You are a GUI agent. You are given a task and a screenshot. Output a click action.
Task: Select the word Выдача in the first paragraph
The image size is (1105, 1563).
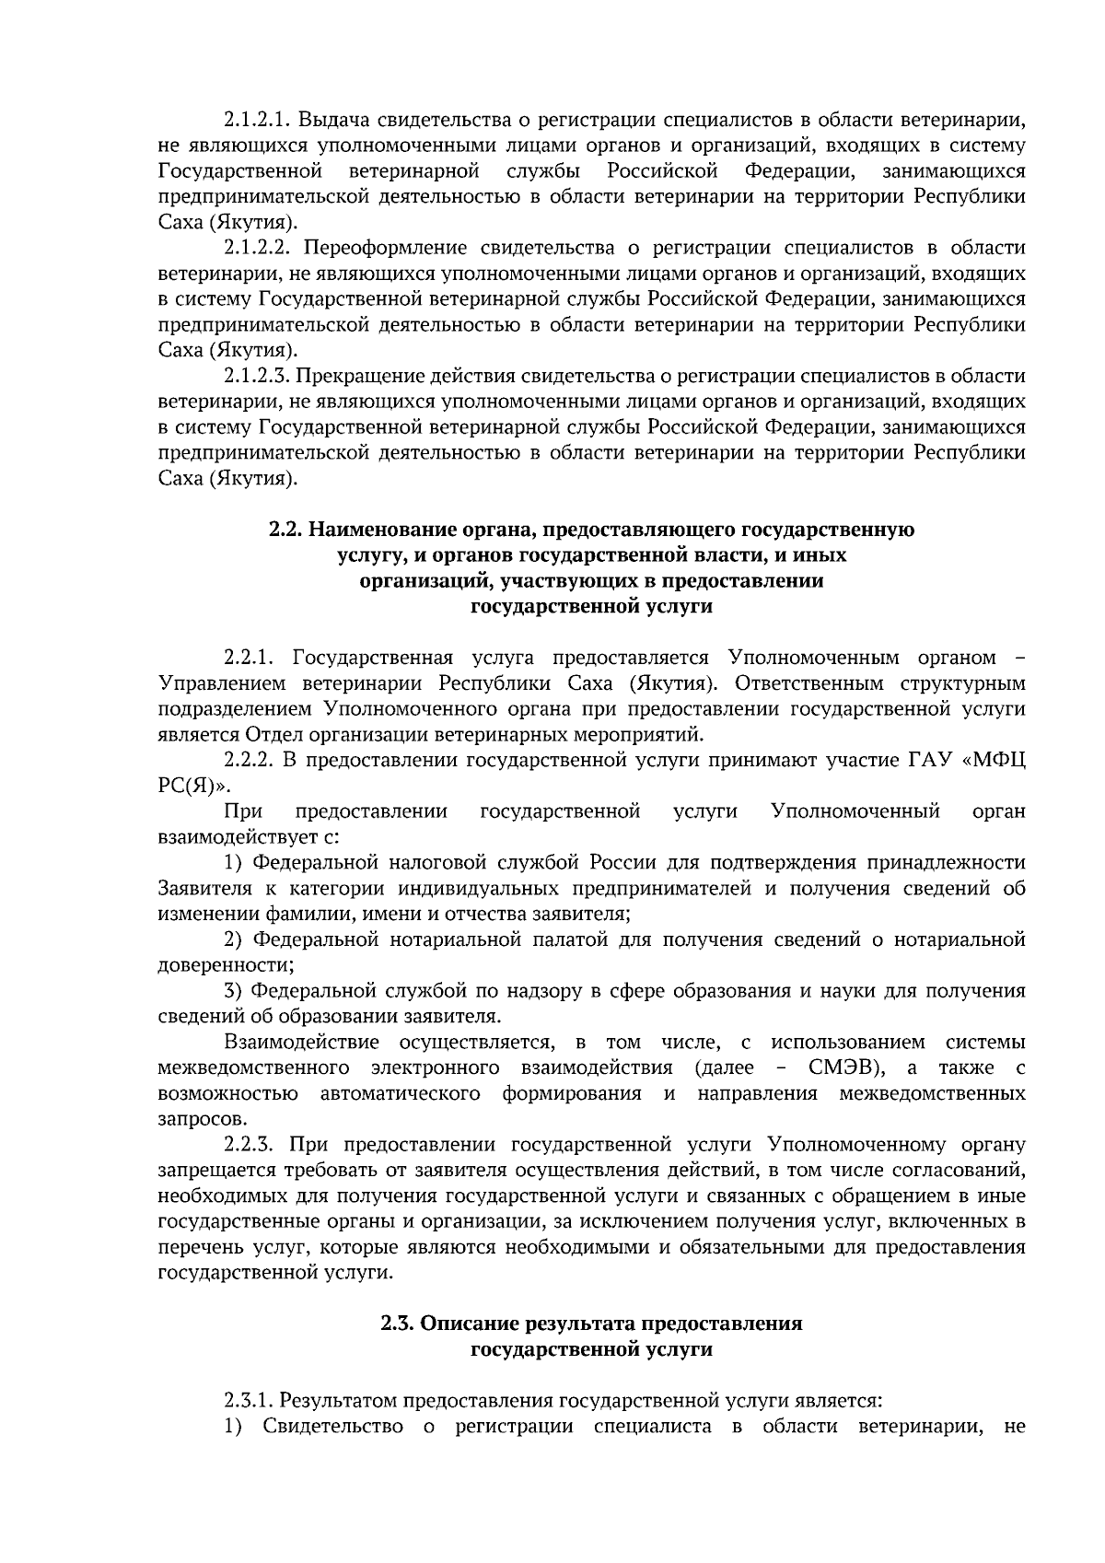332,120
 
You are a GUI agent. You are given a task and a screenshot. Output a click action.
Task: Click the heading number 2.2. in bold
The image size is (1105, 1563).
285,530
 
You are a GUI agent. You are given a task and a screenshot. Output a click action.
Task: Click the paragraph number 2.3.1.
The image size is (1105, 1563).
249,1401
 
